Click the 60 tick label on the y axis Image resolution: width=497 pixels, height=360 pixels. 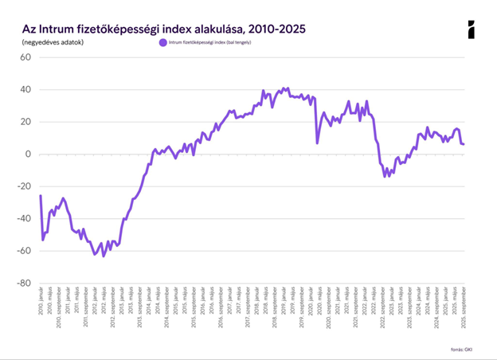[x=25, y=57]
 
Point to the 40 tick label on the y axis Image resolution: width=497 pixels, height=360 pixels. [x=25, y=90]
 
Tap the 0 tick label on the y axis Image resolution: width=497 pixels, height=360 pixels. [x=27, y=154]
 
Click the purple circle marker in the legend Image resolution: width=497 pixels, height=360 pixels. [x=163, y=41]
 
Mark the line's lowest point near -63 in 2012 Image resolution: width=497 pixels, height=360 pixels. [x=104, y=256]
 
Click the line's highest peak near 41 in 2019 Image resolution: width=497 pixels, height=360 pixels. [x=284, y=88]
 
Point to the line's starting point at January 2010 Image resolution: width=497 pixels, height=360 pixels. [x=40, y=195]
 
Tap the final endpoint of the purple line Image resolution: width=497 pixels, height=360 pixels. [x=464, y=144]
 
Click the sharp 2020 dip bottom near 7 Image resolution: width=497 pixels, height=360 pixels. [x=317, y=143]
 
